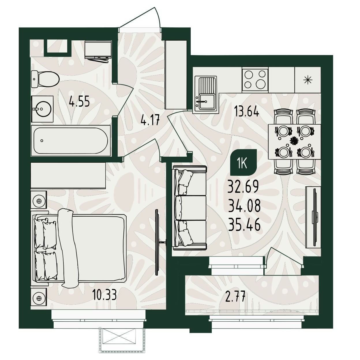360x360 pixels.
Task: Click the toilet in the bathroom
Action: pos(45,79)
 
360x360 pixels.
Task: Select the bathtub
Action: pos(71,140)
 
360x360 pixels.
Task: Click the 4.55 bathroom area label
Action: pos(79,102)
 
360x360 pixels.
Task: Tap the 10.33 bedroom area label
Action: pos(104,295)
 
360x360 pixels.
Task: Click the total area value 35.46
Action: pos(244,225)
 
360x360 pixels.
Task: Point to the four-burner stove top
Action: pos(255,79)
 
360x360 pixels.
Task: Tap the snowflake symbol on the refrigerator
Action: pos(307,80)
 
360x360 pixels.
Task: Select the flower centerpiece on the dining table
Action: pos(294,140)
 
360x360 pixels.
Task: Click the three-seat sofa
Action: pos(190,208)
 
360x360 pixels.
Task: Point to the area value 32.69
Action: pos(243,187)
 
